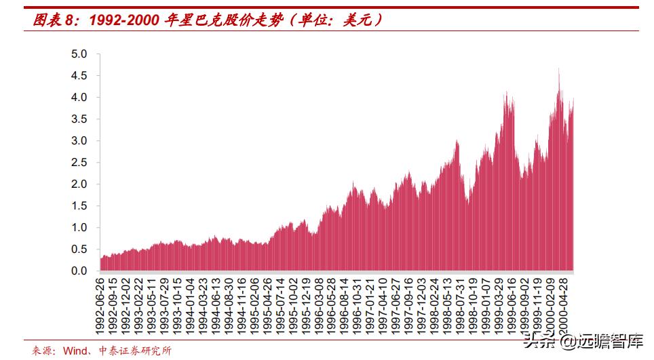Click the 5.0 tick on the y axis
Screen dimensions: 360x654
[x=80, y=54]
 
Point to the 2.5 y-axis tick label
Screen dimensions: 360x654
[x=80, y=163]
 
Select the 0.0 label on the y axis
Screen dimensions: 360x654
[x=80, y=271]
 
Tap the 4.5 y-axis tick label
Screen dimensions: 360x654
[x=80, y=76]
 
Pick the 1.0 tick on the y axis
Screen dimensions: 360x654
[x=80, y=228]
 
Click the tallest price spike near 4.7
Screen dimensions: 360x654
[x=558, y=69]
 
